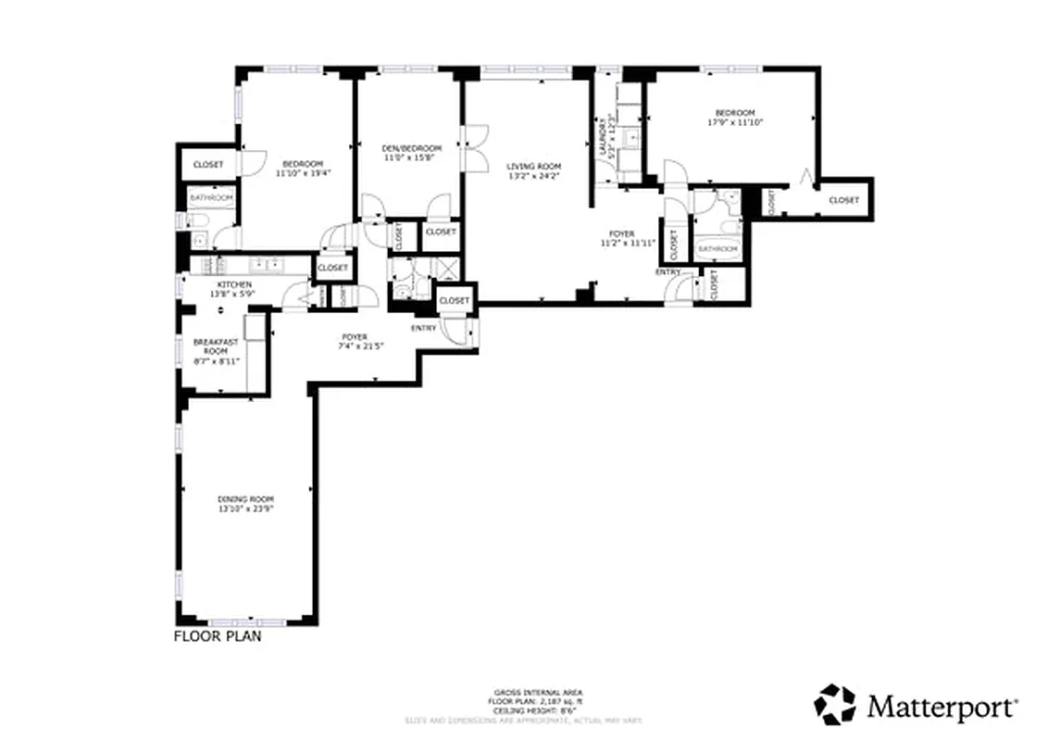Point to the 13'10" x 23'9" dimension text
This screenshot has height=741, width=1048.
(x=245, y=509)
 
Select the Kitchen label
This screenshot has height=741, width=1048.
(x=234, y=283)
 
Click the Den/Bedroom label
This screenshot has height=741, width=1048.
(x=412, y=148)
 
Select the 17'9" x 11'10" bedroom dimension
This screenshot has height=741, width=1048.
(x=735, y=122)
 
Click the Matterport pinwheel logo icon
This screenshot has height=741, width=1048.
(x=835, y=706)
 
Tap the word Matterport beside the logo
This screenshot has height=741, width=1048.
(x=942, y=707)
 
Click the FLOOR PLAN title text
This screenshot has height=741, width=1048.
(x=218, y=636)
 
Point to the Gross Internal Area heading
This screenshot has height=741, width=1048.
(x=537, y=693)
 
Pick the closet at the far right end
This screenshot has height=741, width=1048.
(x=842, y=200)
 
